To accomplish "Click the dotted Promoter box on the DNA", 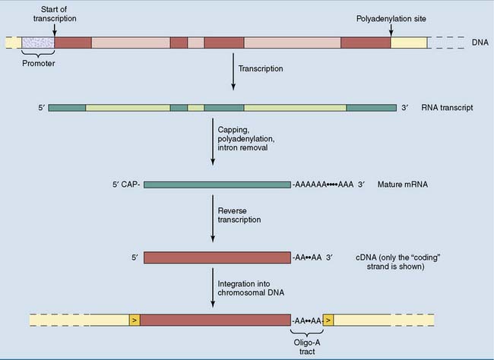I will (x=38, y=43).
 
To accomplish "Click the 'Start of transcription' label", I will (x=54, y=14).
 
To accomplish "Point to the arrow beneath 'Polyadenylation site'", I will (x=391, y=28).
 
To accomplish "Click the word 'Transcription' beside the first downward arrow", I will (x=260, y=68).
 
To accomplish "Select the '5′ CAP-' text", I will (x=125, y=185).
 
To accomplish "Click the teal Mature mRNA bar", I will (x=217, y=185).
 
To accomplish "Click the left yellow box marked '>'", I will (x=135, y=321).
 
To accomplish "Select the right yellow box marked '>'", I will (x=328, y=321).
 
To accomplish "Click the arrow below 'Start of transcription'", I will (x=54, y=30).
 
